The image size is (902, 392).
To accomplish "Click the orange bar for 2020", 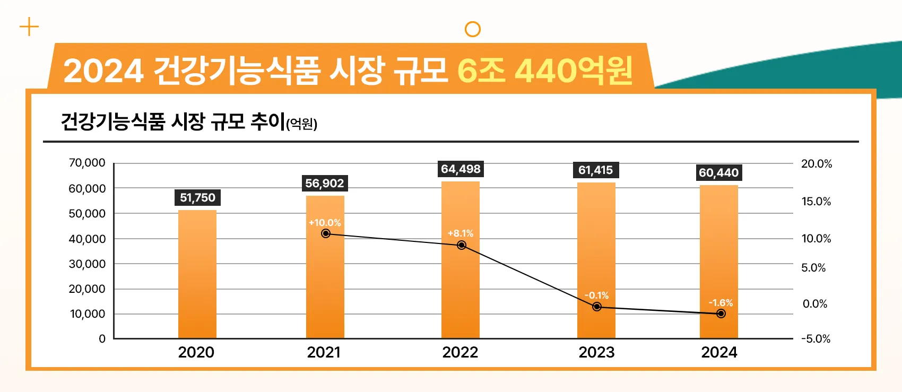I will click(197, 274).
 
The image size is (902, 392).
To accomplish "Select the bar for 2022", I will click(460, 260).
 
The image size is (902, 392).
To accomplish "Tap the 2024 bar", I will click(718, 262).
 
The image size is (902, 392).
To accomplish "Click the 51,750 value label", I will click(197, 198).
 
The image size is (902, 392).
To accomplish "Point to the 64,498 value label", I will click(461, 169).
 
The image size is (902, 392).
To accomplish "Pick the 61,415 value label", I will click(595, 170).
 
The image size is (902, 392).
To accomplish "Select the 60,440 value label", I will click(718, 173).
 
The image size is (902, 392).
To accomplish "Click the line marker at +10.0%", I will click(326, 233).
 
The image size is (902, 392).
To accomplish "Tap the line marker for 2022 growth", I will click(462, 245).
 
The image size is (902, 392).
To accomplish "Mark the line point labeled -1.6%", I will click(721, 313).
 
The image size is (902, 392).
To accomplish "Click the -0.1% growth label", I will click(596, 295).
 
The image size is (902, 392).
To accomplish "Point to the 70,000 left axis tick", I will click(87, 163).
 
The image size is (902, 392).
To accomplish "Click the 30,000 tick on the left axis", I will click(87, 264).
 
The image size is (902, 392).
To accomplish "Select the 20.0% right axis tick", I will click(816, 164).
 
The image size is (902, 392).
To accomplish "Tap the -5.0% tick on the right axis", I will click(816, 339).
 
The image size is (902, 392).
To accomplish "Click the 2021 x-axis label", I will click(324, 352).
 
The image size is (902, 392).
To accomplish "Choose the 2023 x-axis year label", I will click(596, 352).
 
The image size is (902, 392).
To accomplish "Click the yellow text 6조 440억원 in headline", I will click(545, 71).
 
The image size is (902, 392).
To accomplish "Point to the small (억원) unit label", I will click(301, 124).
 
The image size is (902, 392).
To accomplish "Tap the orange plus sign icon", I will click(29, 27).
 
